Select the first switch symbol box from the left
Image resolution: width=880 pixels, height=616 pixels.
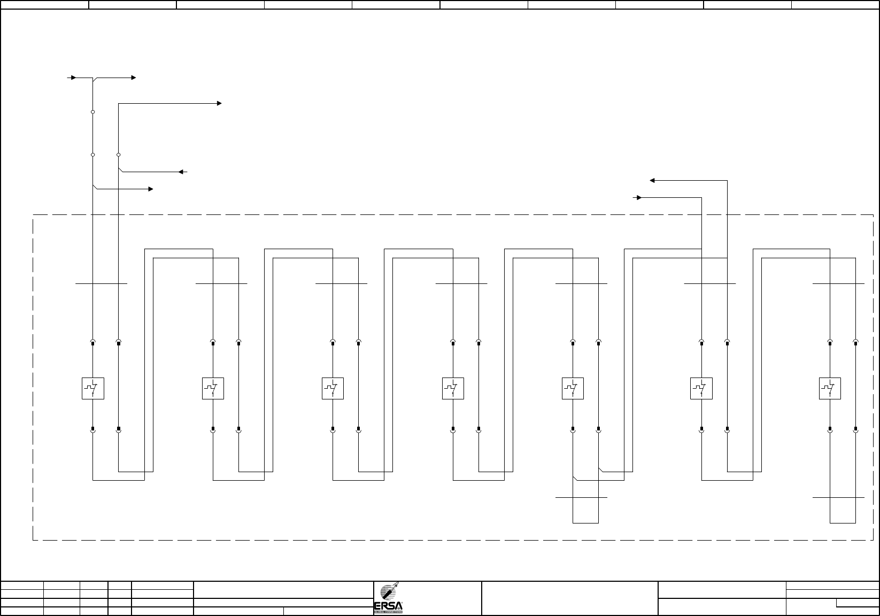[x=92, y=389]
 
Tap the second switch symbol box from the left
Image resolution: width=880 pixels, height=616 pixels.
[x=213, y=389]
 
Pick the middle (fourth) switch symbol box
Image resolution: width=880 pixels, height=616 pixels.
[x=453, y=389]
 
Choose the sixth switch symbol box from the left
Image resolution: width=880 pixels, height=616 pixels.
[x=701, y=389]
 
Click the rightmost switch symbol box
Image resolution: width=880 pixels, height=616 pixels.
[x=830, y=389]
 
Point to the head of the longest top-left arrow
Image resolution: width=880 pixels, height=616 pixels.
[x=219, y=103]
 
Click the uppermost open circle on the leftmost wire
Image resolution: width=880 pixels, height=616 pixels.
[x=93, y=112]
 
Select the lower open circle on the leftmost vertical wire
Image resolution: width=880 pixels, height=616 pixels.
[x=93, y=155]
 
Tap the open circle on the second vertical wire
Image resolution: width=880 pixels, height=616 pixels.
[x=119, y=155]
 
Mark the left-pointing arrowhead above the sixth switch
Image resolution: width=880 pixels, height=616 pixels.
[x=652, y=181]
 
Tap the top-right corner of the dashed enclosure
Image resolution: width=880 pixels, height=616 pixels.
[x=873, y=215]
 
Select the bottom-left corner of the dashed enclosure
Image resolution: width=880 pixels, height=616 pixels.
[x=33, y=540]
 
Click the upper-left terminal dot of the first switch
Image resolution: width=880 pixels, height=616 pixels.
[x=93, y=343]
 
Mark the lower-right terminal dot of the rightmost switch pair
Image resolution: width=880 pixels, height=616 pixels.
[x=855, y=429]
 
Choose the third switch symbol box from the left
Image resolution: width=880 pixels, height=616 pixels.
[x=333, y=389]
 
